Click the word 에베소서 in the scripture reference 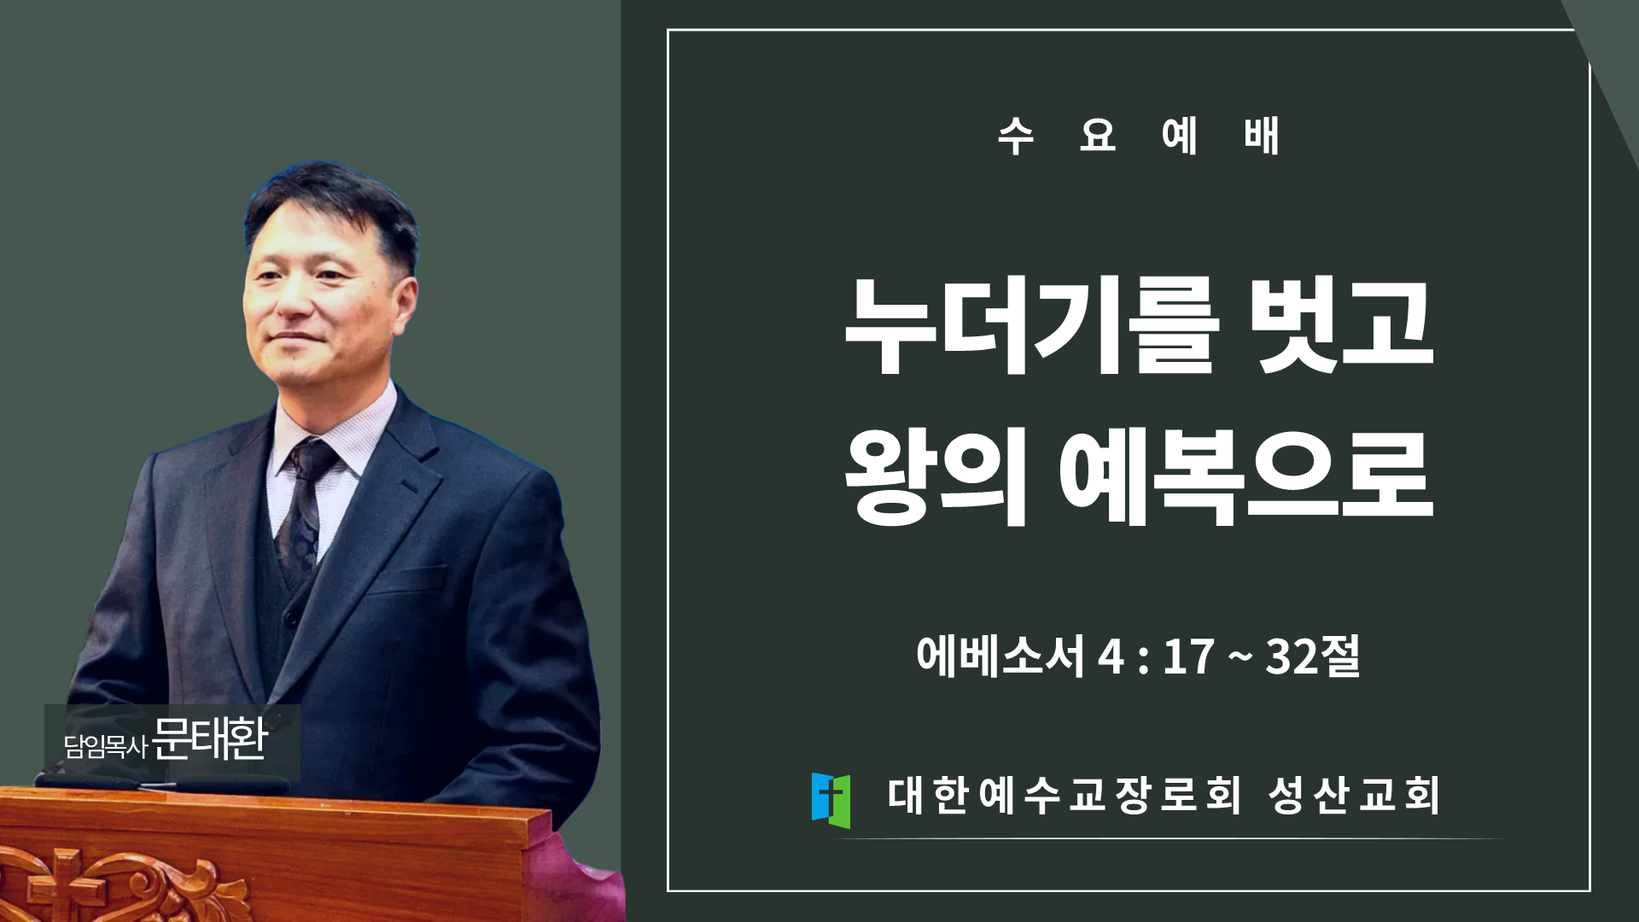(1000, 656)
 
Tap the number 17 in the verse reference (1188, 656)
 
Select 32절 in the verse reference (1313, 656)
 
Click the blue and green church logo (831, 800)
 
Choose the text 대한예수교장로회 (1064, 795)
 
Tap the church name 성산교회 (1354, 795)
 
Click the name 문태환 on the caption (210, 738)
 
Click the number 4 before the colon (1111, 656)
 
